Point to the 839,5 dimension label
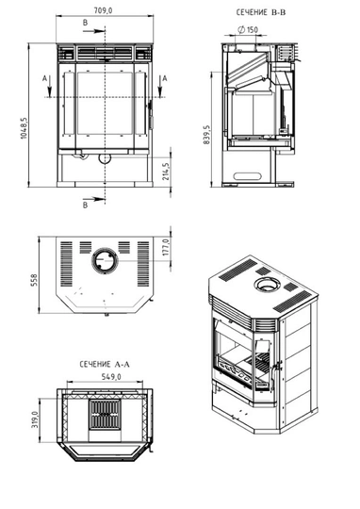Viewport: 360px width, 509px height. [x=206, y=133]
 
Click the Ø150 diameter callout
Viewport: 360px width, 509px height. [x=249, y=30]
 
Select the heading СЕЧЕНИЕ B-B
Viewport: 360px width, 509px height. [x=262, y=14]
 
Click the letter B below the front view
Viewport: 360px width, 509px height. [x=86, y=203]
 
